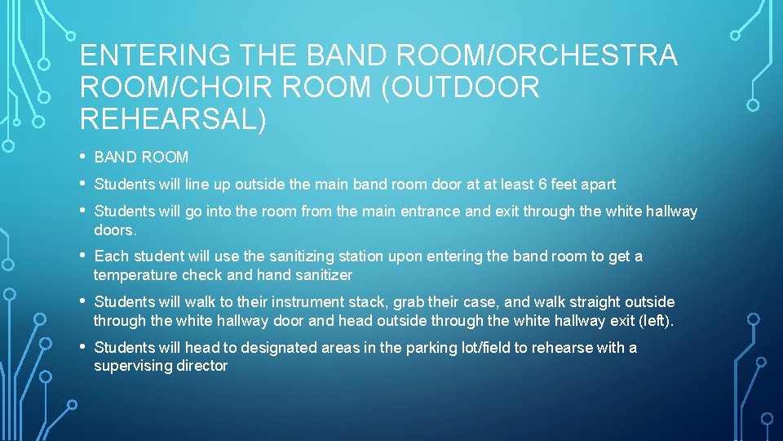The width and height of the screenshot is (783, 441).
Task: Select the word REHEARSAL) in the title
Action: coord(173,118)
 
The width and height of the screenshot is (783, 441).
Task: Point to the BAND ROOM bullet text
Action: coord(141,157)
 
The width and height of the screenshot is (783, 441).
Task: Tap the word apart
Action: coord(597,185)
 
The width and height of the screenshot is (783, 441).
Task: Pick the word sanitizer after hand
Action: coord(323,275)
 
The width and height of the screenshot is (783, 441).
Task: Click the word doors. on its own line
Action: coord(113,230)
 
